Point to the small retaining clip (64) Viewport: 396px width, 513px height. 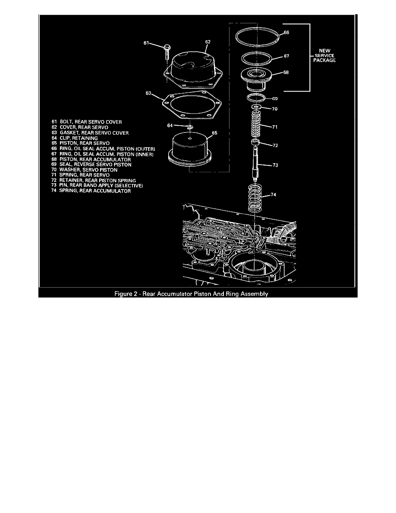click(190, 127)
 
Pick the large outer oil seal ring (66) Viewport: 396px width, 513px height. click(256, 35)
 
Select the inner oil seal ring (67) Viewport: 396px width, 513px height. click(256, 58)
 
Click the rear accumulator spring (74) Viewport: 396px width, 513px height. click(256, 197)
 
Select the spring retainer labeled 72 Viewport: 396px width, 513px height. click(256, 142)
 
